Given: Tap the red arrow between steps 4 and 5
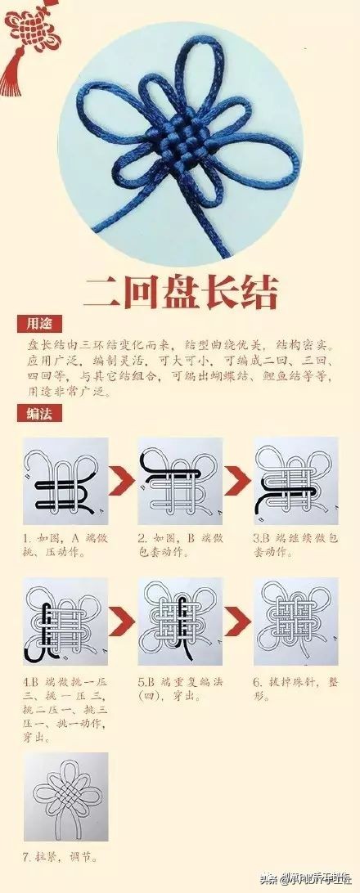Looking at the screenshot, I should pos(122,622).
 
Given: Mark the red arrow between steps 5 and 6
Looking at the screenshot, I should pos(236,622).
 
